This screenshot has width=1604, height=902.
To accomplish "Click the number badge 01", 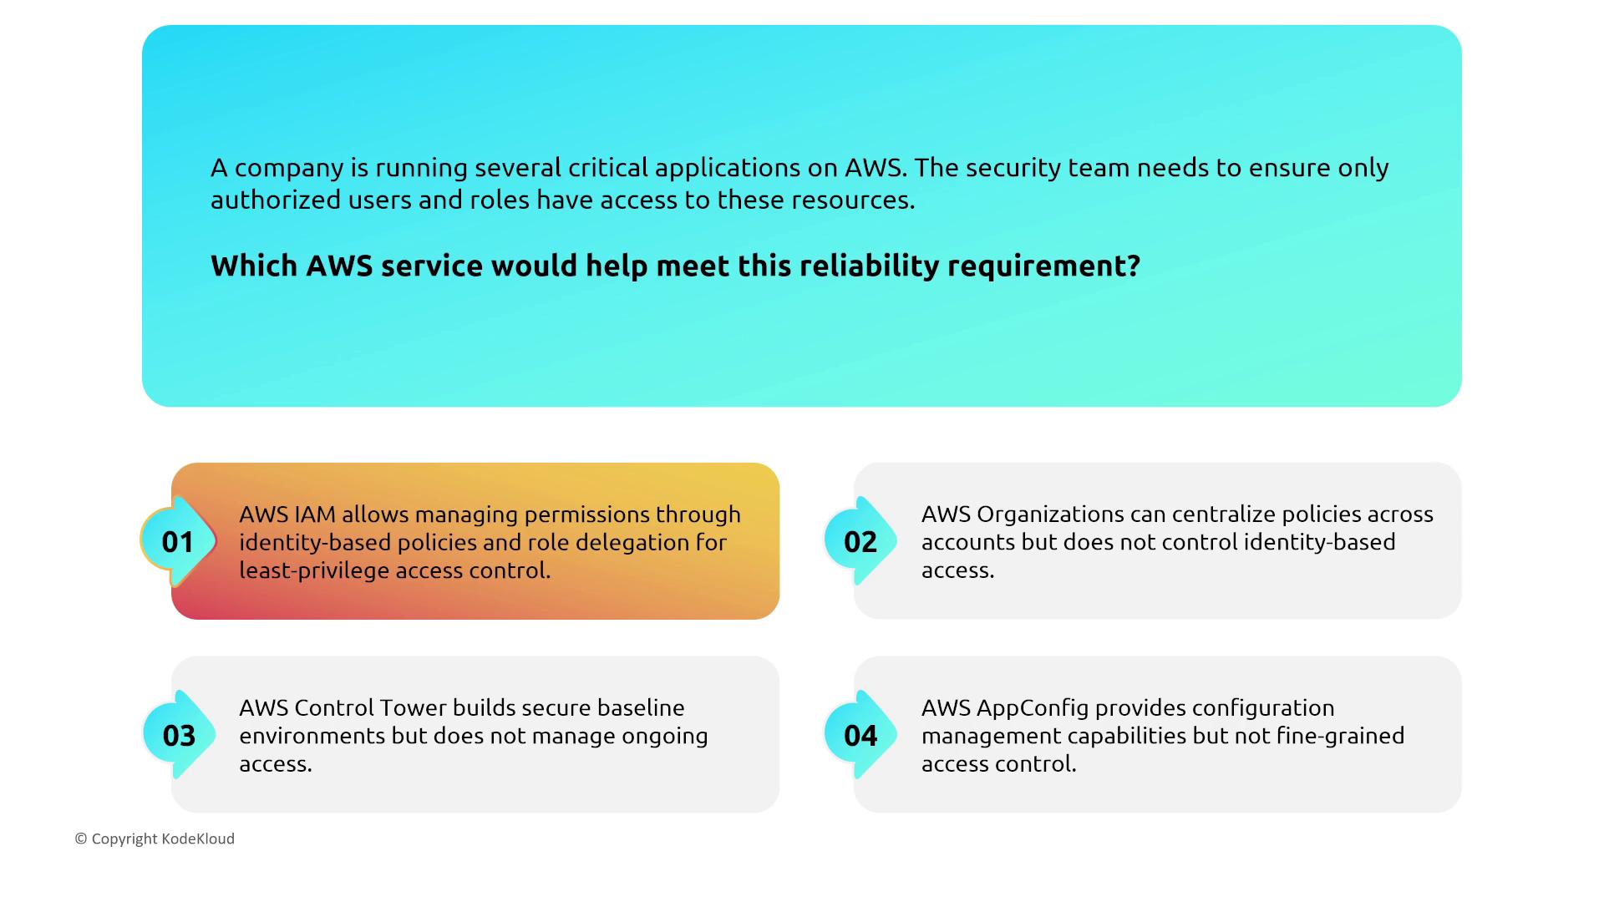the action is [178, 541].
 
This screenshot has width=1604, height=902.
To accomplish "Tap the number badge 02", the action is [860, 541].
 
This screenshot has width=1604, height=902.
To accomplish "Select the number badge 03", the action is [178, 735].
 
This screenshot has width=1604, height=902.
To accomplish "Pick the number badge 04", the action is [860, 735].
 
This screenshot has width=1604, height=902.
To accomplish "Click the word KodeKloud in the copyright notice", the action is [198, 839].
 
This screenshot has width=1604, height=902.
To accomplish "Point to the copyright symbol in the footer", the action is [81, 839].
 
